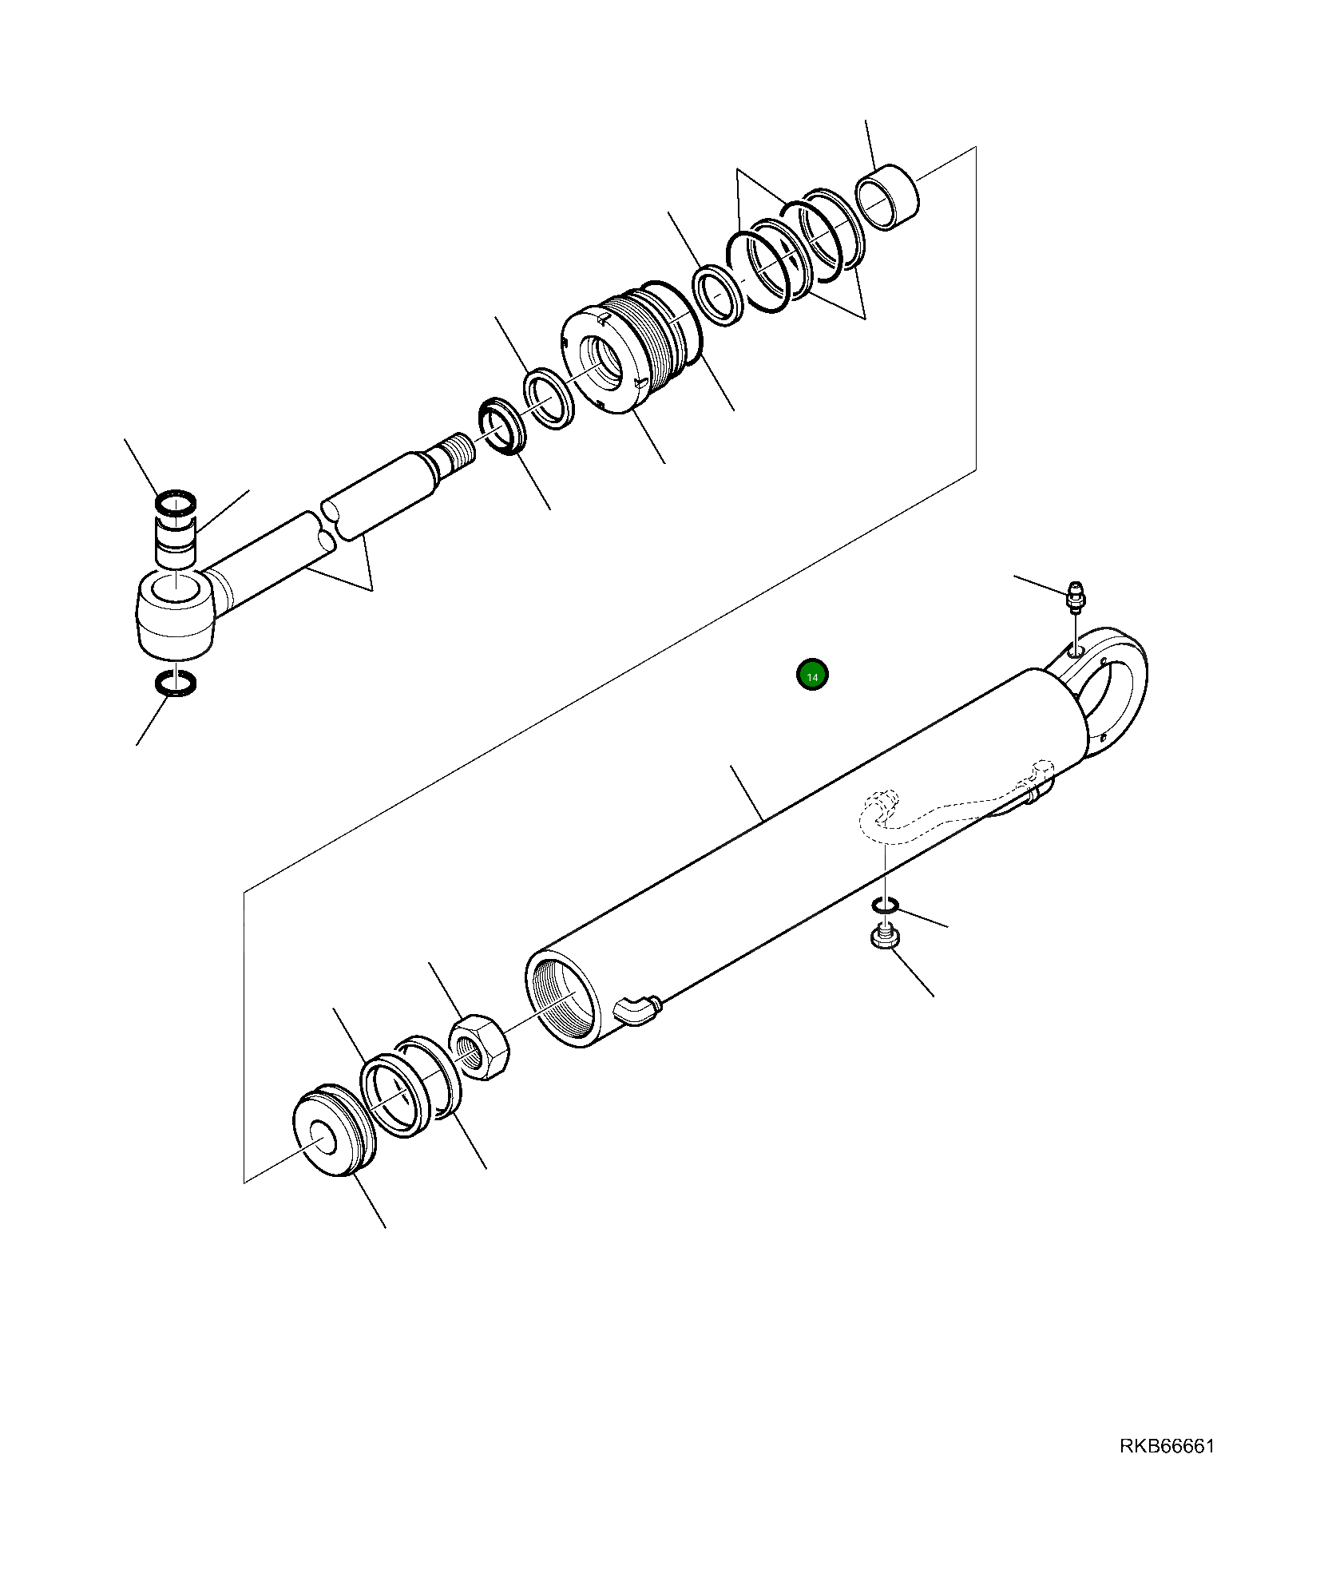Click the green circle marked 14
coord(812,676)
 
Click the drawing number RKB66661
coord(1167,1447)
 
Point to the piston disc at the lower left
coord(333,1136)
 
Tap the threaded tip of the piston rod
coord(462,449)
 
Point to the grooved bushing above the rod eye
coord(176,541)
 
